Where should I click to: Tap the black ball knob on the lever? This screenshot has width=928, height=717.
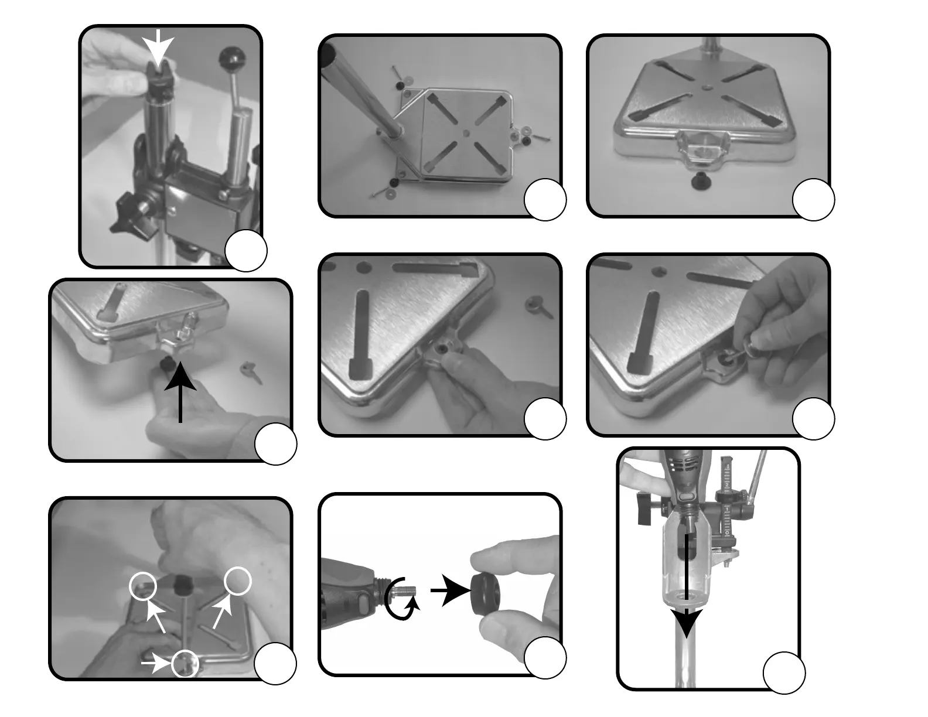[x=231, y=59]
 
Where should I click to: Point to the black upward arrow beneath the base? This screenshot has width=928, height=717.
[x=180, y=392]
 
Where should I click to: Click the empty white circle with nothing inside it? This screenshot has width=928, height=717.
[x=238, y=581]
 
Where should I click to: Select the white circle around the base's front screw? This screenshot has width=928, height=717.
[x=186, y=664]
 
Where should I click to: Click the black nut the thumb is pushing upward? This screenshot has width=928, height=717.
[x=165, y=366]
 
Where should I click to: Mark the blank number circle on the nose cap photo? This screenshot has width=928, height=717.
[x=545, y=657]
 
